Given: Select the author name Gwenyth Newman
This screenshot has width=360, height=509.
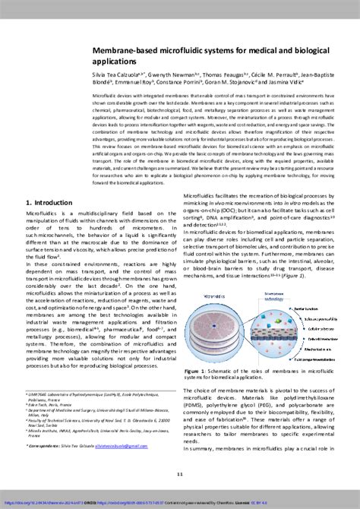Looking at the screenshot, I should click(x=172, y=77).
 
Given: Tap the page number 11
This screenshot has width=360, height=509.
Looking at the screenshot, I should click(x=180, y=474).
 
